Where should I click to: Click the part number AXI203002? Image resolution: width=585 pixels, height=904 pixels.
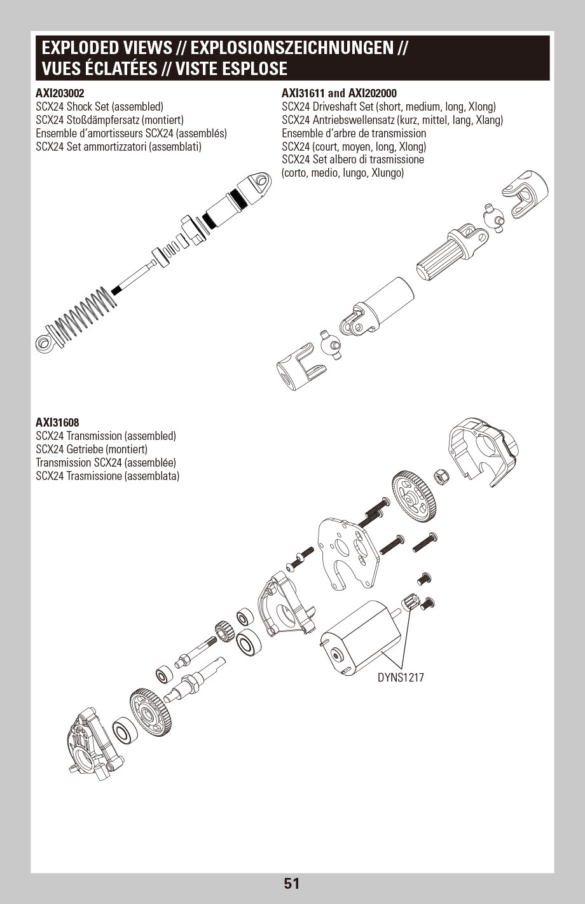coord(60,93)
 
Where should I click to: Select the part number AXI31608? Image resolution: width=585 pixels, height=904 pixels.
coord(57,422)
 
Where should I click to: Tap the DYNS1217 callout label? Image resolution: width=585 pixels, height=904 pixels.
coord(400,678)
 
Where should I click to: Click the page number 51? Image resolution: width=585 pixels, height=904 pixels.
coord(292,883)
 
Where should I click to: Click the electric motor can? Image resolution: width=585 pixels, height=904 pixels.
coord(359,640)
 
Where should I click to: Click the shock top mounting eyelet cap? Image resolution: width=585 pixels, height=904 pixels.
coord(257,187)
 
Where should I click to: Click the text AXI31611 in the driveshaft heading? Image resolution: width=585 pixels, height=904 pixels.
coord(303,93)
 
